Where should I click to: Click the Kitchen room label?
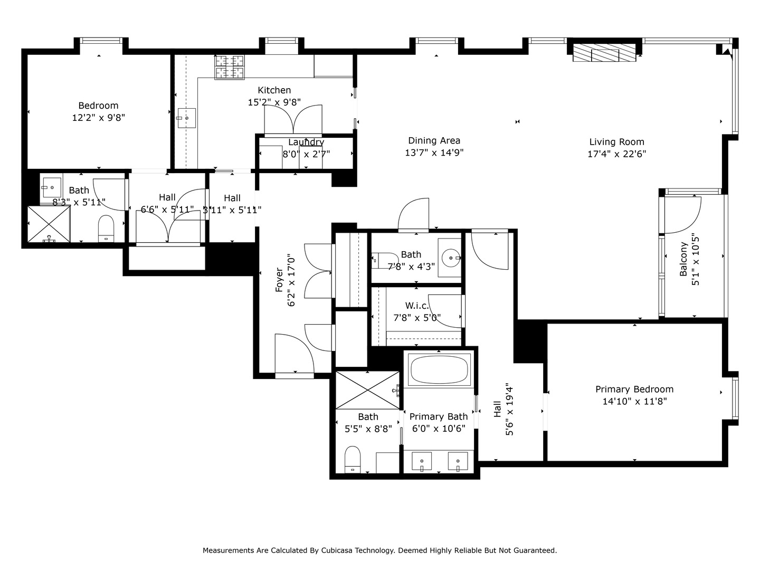[274, 90]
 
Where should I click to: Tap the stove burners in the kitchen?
[230, 67]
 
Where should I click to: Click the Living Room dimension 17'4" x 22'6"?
[616, 154]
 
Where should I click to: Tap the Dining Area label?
[434, 140]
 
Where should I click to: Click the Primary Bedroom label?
[634, 389]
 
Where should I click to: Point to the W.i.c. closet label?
[417, 306]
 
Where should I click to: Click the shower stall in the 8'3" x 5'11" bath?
[49, 224]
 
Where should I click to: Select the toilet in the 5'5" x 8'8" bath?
[352, 459]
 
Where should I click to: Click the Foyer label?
[280, 280]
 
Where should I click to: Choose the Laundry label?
[306, 142]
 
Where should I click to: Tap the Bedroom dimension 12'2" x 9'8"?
[98, 118]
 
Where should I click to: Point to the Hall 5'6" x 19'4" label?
[497, 410]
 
